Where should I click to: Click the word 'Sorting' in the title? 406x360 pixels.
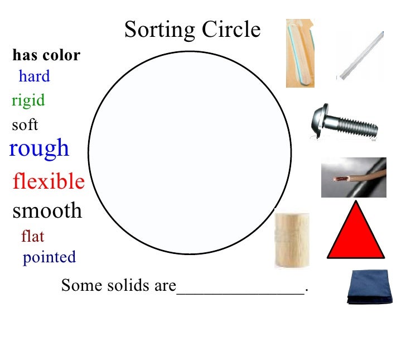[158, 30]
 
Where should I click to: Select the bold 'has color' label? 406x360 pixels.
[46, 55]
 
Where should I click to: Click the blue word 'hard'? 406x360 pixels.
[34, 76]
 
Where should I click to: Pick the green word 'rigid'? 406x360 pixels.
[28, 100]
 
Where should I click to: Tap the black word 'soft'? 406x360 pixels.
[25, 124]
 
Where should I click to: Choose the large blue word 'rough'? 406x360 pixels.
[39, 148]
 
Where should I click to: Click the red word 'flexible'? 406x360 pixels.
[49, 181]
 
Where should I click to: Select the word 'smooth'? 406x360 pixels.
[47, 210]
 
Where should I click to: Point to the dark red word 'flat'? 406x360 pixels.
[32, 237]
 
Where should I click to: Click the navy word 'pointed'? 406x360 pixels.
[49, 257]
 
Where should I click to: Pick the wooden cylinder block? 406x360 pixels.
[292, 239]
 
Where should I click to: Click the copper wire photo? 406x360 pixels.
[354, 177]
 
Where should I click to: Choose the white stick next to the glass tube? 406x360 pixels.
[360, 56]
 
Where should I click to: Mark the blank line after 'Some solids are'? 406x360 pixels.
[241, 289]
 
